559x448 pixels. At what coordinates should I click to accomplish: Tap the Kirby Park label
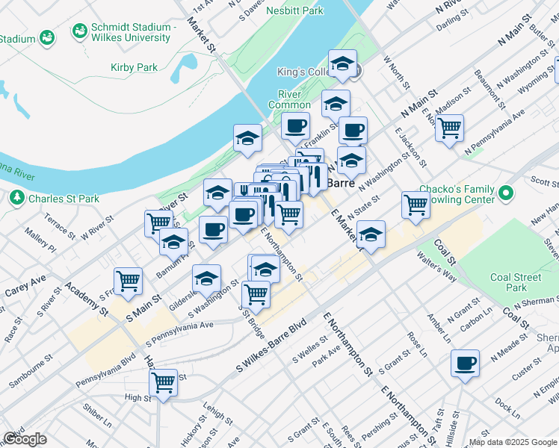point(134,67)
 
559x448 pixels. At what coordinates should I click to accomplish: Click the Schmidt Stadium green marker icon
point(78,32)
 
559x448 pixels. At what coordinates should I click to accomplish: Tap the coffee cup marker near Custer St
point(465,364)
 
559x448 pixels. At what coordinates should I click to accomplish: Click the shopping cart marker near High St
point(163,383)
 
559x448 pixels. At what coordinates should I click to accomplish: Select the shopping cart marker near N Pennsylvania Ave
point(449,128)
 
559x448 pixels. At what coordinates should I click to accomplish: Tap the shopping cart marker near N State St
point(415,205)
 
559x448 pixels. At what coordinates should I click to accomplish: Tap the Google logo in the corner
point(25,439)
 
